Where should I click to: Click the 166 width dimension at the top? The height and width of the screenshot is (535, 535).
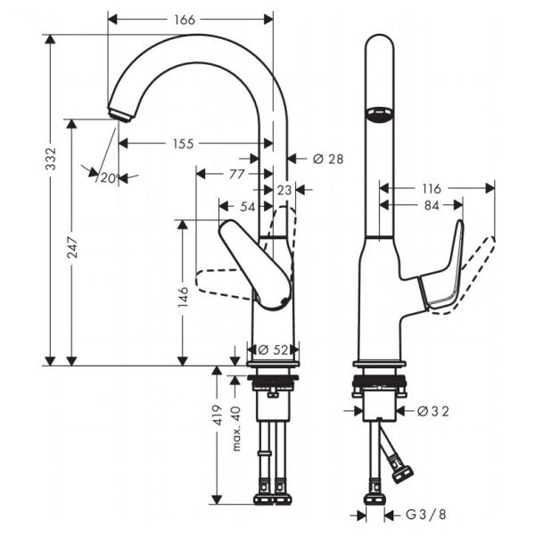point(185,20)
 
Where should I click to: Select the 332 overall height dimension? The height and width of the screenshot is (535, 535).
point(51,159)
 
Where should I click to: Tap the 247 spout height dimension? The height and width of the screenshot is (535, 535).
point(72,247)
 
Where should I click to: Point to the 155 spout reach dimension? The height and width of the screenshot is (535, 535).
point(183,144)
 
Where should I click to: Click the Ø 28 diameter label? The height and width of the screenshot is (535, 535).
point(328,159)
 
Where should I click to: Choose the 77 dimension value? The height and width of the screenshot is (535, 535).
point(237,174)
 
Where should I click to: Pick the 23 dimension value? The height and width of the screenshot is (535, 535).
point(284,190)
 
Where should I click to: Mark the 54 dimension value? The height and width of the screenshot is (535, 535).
point(248,207)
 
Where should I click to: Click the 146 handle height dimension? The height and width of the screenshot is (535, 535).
point(183,297)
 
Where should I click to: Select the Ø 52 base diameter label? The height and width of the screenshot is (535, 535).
point(273,350)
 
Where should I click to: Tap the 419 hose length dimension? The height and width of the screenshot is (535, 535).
point(218,415)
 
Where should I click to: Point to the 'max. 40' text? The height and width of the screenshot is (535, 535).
point(236,429)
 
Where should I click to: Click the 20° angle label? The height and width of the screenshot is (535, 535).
point(110,177)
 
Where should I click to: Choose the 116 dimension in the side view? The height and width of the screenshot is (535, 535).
point(432,188)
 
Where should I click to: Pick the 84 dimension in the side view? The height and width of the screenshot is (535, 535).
point(432,205)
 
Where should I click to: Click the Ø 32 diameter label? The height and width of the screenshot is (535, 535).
point(433,411)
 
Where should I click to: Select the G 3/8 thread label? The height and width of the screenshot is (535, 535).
point(426,514)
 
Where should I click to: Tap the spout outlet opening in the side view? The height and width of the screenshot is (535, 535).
point(380,113)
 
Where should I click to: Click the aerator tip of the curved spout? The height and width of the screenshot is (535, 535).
point(120,114)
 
